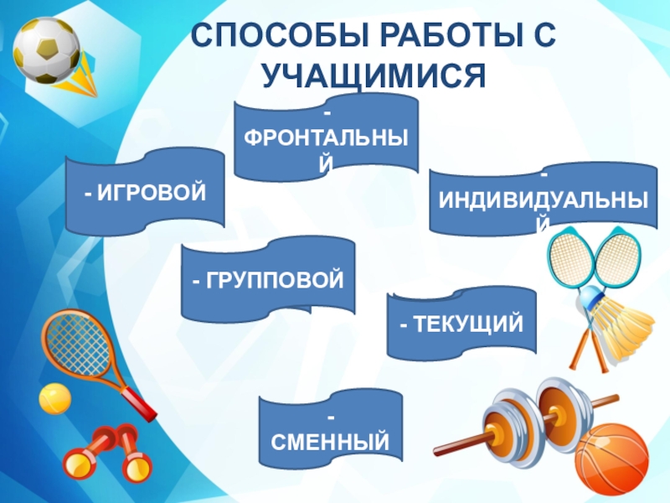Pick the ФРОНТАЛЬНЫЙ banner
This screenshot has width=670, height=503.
(x=327, y=137)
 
